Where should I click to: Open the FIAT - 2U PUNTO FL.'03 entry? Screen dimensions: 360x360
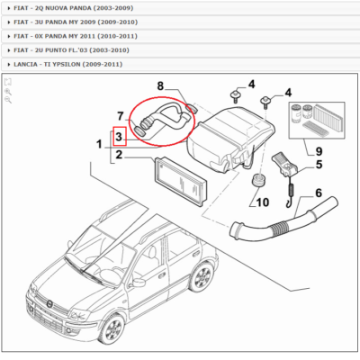coord(72,49)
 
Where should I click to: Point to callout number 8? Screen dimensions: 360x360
coord(161,86)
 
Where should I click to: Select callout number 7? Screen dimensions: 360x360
coord(119,115)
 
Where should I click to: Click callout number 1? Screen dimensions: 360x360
coord(99,144)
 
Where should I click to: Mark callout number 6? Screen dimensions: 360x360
coord(318,193)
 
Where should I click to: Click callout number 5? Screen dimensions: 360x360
coord(318,165)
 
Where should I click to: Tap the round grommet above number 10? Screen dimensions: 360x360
coord(259,183)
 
